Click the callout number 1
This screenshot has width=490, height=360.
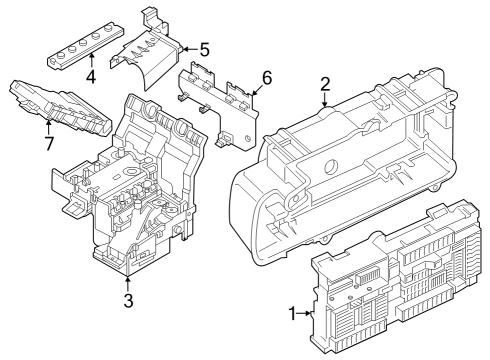[293, 314]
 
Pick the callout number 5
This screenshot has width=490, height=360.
[204, 48]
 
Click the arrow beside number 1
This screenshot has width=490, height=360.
[306, 314]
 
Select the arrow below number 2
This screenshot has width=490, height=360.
[325, 99]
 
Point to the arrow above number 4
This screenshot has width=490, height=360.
[90, 61]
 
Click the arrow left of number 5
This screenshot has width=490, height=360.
[189, 48]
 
